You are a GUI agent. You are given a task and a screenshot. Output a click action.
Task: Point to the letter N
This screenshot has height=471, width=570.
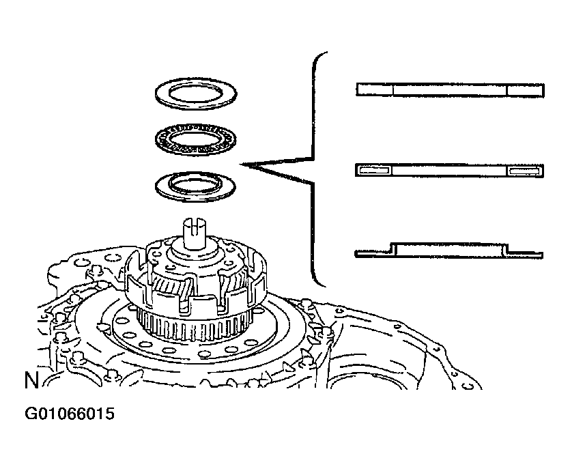coord(31,381)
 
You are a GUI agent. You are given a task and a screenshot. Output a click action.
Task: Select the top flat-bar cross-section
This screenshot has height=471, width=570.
coord(450,89)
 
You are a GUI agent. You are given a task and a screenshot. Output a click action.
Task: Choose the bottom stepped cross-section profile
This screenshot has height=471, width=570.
coord(450,250)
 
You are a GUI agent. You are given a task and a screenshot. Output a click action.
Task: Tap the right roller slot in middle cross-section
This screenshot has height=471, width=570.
coord(524,171)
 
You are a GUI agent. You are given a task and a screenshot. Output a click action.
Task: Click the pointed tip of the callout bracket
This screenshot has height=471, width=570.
coord(243,165)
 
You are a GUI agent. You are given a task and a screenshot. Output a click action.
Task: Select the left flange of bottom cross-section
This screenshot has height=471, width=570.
coord(373,255)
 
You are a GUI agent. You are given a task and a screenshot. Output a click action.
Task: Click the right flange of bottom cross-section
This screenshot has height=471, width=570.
coord(525,255)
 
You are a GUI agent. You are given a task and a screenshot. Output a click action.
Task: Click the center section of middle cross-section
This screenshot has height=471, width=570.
coord(450,171)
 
